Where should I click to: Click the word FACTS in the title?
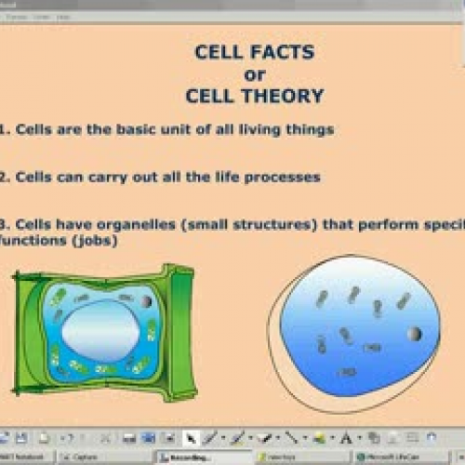pos(290,52)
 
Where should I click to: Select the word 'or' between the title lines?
pos(254,73)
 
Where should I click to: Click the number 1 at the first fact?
pos(4,129)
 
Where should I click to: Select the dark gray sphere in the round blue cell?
pos(414,333)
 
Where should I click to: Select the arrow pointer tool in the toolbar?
pos(190,438)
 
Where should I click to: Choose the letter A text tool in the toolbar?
pos(347,438)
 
